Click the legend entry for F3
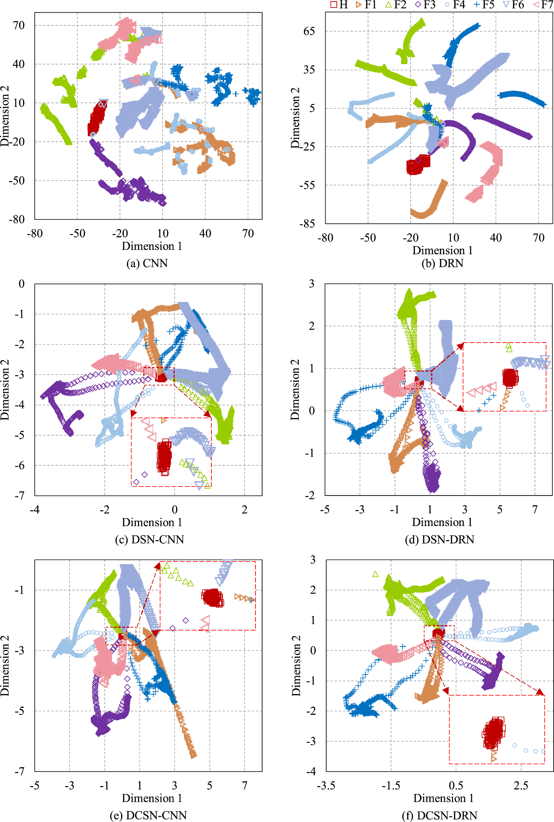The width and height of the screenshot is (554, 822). (425, 5)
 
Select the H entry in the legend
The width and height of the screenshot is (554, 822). (339, 5)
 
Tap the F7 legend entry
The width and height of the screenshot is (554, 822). (543, 5)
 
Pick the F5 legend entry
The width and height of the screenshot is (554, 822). (484, 5)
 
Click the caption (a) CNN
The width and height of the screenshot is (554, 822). (147, 263)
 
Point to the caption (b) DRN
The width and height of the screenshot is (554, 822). (442, 263)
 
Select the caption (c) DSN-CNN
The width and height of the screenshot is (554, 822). (149, 539)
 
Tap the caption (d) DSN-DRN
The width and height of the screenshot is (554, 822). (440, 539)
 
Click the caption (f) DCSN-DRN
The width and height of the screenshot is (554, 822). (440, 815)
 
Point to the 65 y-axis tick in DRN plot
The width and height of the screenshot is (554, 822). (309, 31)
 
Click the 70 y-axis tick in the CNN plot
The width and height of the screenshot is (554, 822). (19, 25)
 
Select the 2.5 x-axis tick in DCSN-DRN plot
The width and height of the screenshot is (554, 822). (521, 785)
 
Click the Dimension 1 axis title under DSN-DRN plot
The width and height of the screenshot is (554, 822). (442, 522)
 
